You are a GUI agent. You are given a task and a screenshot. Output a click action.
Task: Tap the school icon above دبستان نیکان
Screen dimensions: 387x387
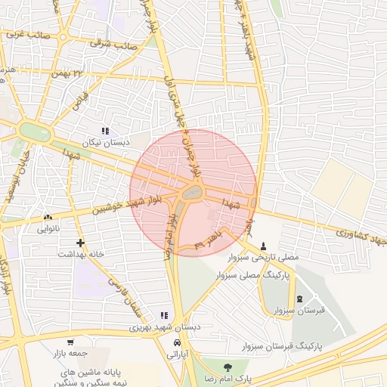105,131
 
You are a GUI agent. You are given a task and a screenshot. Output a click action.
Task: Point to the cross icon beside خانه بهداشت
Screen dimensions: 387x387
80,243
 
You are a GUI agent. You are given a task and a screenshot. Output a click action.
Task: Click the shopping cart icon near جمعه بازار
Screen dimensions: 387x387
70,342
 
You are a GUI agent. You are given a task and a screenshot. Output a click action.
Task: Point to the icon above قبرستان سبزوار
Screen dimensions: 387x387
299,299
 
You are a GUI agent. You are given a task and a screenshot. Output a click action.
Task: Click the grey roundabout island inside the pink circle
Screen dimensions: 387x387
193,194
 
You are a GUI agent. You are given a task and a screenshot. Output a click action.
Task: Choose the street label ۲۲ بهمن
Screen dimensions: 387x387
67,73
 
